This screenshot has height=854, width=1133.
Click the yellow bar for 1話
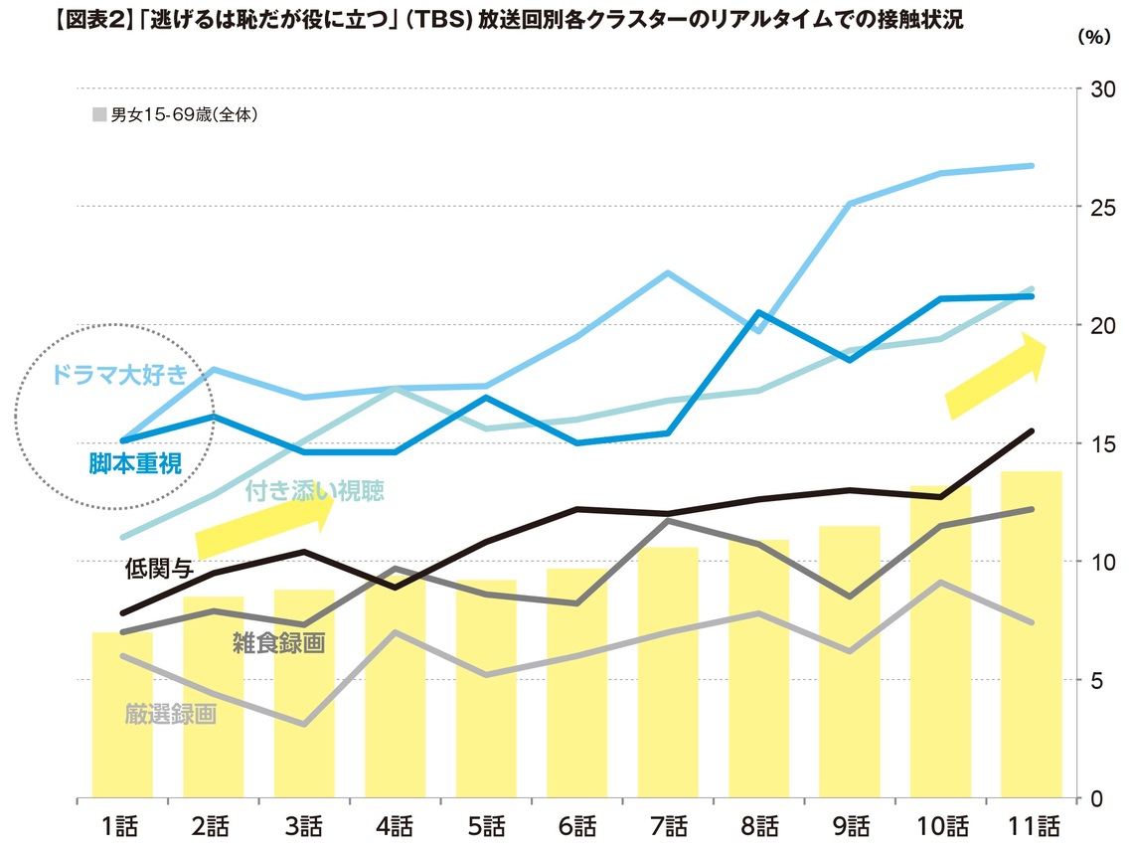coord(122,716)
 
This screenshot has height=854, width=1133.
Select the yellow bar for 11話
coord(1032,636)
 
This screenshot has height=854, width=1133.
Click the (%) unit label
coord(1093,35)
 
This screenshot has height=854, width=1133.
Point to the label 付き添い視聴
coord(314,490)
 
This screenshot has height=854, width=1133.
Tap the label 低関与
coord(157,569)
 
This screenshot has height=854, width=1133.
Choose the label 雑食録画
coord(279,643)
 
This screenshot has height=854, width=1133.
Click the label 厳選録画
coord(171,713)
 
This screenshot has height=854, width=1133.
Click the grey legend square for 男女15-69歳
coord(99,115)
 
